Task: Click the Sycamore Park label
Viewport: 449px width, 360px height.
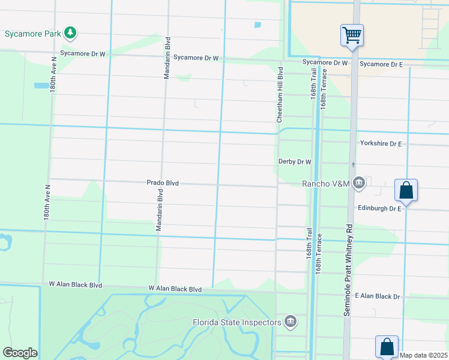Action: click(x=32, y=34)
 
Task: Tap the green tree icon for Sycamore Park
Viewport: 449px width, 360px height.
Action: click(x=71, y=32)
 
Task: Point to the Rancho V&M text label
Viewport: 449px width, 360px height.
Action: click(x=325, y=184)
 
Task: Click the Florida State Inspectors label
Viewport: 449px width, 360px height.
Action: click(x=237, y=322)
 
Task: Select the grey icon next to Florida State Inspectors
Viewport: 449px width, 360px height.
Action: click(x=291, y=322)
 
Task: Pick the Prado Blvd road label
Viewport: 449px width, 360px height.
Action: click(x=163, y=182)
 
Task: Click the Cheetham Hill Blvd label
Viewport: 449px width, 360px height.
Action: click(x=280, y=95)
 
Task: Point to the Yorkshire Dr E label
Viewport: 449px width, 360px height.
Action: click(x=381, y=143)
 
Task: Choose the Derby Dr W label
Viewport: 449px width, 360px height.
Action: click(x=295, y=161)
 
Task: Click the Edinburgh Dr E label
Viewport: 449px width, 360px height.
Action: click(x=379, y=208)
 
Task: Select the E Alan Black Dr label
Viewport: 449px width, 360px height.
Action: click(x=378, y=296)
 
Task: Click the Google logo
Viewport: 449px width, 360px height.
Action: click(x=20, y=353)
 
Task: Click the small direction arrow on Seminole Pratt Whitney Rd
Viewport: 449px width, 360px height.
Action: click(x=354, y=164)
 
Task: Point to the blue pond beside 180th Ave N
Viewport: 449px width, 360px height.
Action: click(x=41, y=86)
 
